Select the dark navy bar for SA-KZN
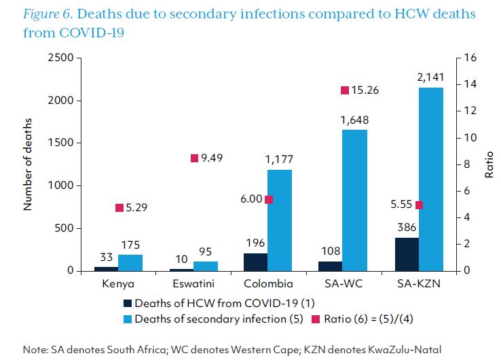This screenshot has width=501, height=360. point(407,254)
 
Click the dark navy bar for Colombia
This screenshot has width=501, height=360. point(255,262)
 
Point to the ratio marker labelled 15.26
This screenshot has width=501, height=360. point(344,90)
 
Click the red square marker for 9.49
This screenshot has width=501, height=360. point(194,158)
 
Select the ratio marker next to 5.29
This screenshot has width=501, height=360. point(119,208)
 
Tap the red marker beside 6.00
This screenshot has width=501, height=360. point(268,199)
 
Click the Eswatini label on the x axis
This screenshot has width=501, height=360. point(189,284)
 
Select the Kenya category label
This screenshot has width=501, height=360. point(117,284)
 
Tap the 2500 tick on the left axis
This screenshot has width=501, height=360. point(60,58)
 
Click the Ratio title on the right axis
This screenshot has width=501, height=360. point(489,164)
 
